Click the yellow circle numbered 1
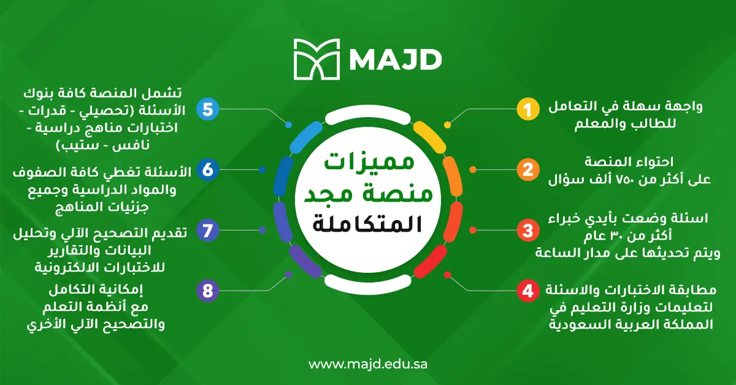[x=525, y=110]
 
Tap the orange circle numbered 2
[x=525, y=170]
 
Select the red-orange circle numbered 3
[x=525, y=231]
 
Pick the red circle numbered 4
[x=525, y=290]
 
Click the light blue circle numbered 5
[x=207, y=110]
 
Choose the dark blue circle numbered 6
[x=207, y=170]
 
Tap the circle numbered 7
[x=207, y=231]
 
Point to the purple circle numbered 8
[x=207, y=290]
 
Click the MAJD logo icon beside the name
[x=314, y=59]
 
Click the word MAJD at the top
[x=396, y=59]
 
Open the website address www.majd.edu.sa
[x=368, y=364]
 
